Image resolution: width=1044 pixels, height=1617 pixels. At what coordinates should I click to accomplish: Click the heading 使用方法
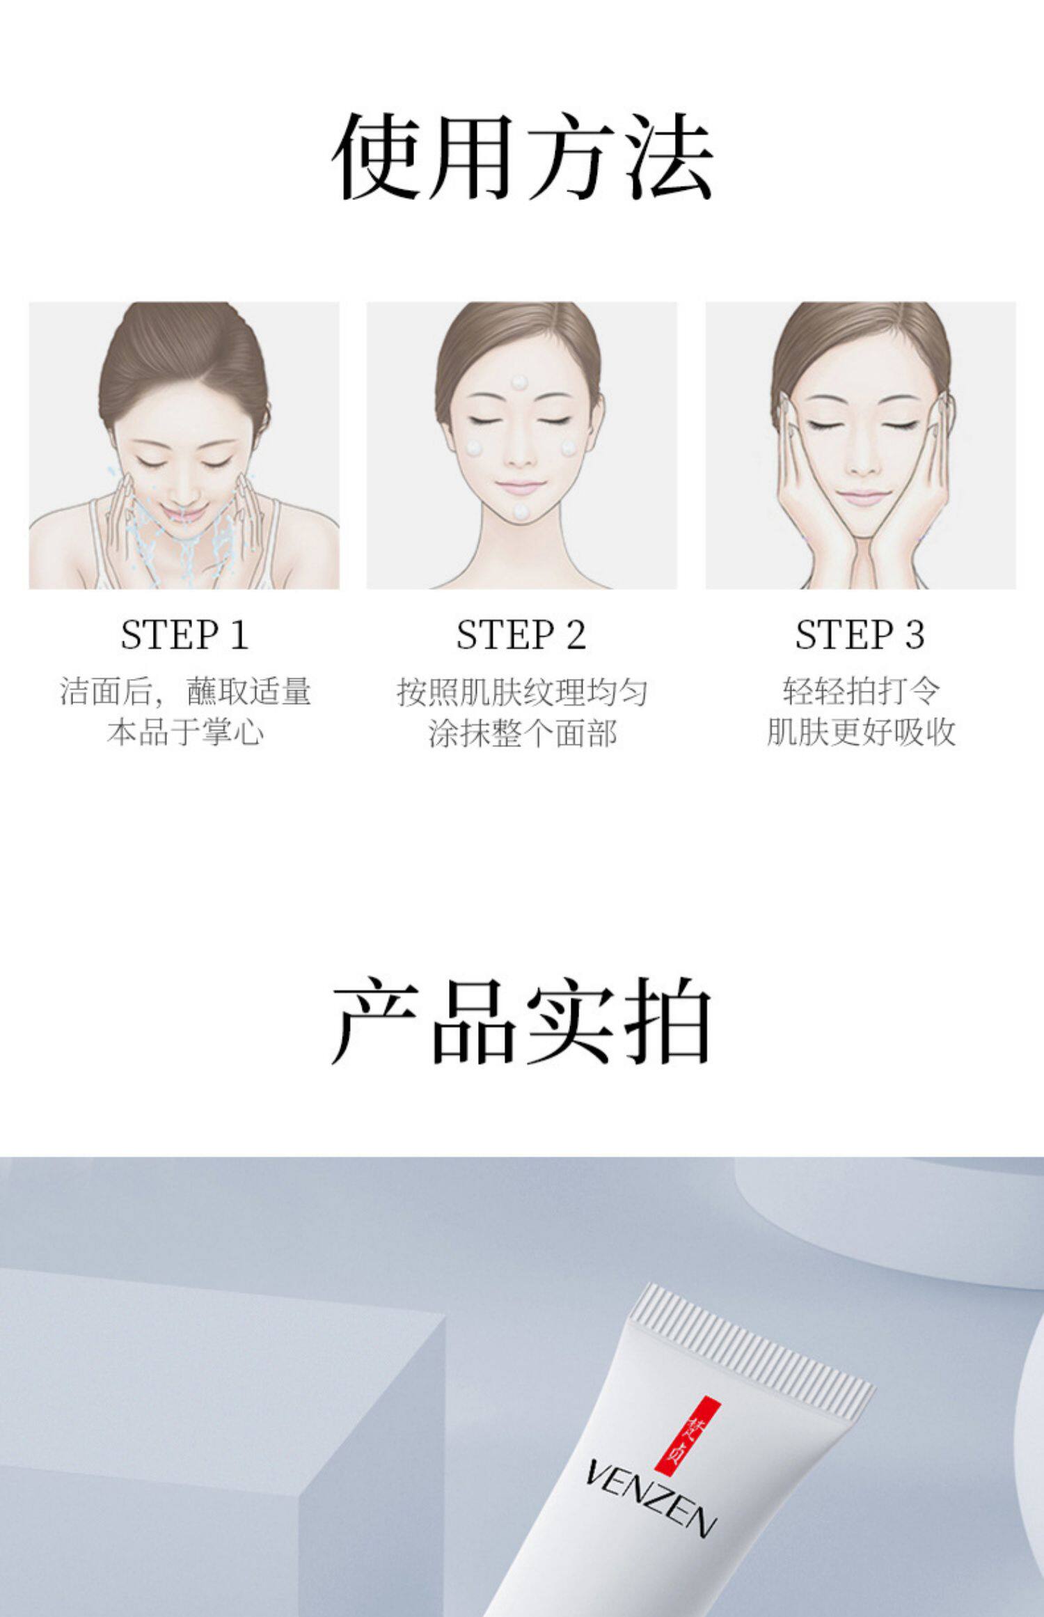(x=522, y=157)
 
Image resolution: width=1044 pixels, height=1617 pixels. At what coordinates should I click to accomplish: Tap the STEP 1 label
(x=184, y=634)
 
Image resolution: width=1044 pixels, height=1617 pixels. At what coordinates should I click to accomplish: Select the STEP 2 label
(x=521, y=634)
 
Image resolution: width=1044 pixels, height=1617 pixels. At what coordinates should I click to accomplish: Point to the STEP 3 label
(x=860, y=634)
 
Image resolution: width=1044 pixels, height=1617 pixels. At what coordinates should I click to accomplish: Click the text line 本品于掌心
(x=186, y=733)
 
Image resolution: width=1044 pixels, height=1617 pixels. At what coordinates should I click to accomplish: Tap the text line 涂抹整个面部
(x=523, y=733)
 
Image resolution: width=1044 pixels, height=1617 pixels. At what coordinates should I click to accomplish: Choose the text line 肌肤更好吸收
(x=861, y=732)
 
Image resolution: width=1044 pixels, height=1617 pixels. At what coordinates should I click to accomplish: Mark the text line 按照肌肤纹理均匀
(x=523, y=692)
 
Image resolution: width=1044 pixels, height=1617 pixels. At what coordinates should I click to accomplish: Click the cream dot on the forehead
(x=519, y=382)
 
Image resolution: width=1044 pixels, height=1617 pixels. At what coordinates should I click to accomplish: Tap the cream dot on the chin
(x=521, y=512)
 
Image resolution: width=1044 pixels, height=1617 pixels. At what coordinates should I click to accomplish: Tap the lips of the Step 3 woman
(x=862, y=496)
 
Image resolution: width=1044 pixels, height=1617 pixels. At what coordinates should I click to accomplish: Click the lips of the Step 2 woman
(x=521, y=485)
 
